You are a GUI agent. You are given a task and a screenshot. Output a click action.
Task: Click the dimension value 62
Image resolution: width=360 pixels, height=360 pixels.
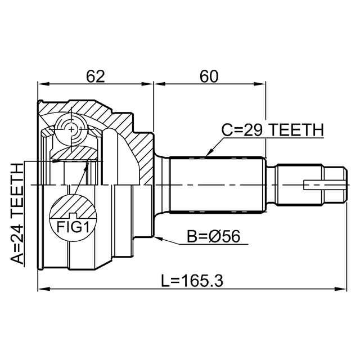coord(95,76)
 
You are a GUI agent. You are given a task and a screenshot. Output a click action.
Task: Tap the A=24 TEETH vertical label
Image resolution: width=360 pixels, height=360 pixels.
coord(18,214)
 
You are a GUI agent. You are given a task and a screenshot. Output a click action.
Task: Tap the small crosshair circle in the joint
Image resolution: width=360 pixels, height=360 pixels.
coord(73,130)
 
